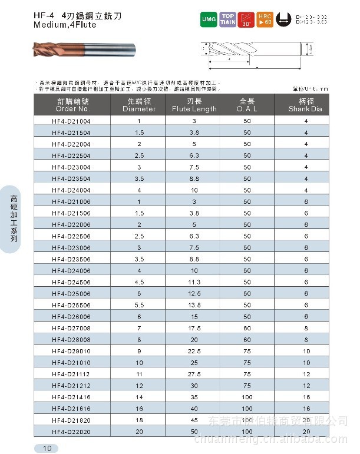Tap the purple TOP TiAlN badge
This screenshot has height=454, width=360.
pos(228,19)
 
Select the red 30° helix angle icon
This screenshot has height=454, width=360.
pos(247,19)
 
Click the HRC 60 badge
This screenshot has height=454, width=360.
pos(266,19)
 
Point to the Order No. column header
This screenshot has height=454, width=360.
pos(72,105)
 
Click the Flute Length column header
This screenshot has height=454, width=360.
pos(194,105)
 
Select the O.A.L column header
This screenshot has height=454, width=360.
pos(247,105)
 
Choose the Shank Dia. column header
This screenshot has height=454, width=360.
pos(306,105)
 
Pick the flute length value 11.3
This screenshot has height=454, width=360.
pos(194,282)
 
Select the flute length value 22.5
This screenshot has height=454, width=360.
pos(194,351)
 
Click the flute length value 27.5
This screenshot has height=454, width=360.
pos(194,374)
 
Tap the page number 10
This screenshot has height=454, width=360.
pos(47,448)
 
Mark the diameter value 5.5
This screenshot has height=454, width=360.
pos(139,305)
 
